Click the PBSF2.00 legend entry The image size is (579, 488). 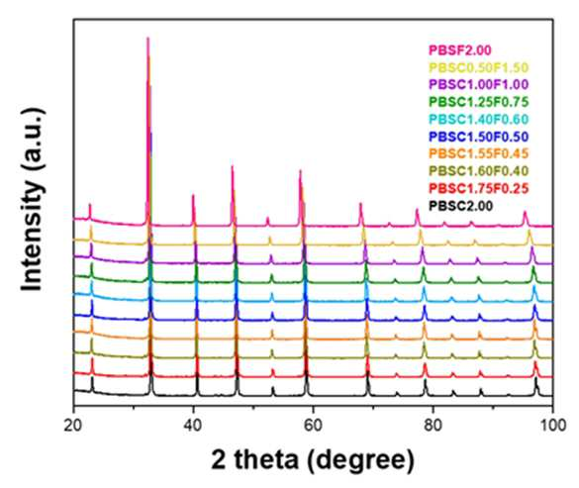tap(459, 50)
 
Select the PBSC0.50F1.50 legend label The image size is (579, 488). tap(479, 67)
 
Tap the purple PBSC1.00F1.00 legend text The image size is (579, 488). tap(479, 84)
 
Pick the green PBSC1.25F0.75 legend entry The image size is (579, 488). tap(479, 102)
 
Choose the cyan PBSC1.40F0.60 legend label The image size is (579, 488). tap(479, 120)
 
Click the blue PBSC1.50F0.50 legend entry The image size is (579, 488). tap(479, 137)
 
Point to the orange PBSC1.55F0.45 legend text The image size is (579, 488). tap(479, 153)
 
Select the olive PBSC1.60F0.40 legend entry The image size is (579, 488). tap(479, 171)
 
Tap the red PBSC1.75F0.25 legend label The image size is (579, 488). tap(479, 188)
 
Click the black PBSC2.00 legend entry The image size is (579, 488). tap(461, 206)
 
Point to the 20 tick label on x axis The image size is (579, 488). tap(72, 426)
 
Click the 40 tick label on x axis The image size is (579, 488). tap(193, 426)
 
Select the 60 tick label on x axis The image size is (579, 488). tap(313, 426)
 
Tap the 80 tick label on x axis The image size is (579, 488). tap(433, 426)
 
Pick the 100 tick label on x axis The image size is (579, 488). tap(552, 426)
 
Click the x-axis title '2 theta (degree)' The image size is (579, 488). tap(313, 460)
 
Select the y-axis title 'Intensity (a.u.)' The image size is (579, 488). tap(33, 200)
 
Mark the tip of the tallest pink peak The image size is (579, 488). tap(148, 38)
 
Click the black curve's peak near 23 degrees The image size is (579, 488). tap(92, 377)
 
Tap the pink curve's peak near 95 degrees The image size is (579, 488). tap(525, 212)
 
